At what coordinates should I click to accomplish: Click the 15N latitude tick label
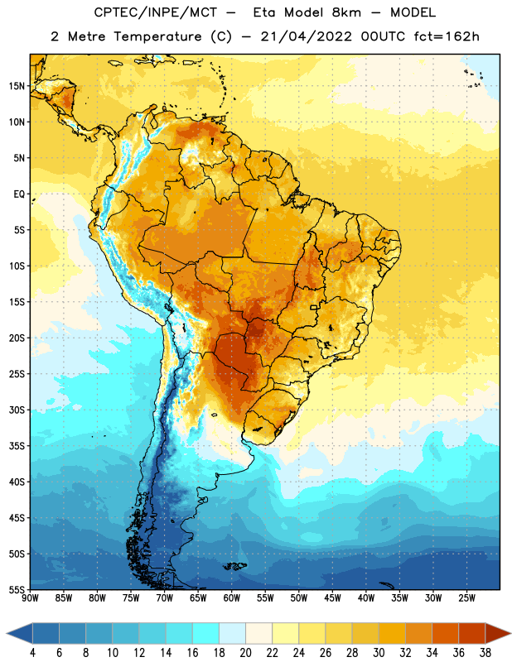click(x=17, y=86)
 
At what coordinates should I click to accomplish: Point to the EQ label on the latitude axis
click(x=19, y=194)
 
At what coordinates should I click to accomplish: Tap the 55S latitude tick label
click(x=17, y=589)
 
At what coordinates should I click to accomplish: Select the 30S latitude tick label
click(x=17, y=410)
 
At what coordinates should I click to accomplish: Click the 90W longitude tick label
click(x=30, y=598)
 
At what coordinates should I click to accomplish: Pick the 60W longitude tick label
click(x=232, y=598)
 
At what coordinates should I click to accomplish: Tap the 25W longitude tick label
click(x=466, y=598)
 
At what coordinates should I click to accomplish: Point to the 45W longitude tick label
click(x=332, y=598)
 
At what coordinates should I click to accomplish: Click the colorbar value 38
click(x=485, y=652)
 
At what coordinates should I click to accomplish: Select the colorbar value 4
click(x=32, y=652)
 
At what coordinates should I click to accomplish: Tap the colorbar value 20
click(x=245, y=652)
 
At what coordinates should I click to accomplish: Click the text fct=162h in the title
click(x=447, y=36)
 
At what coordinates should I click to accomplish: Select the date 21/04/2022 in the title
click(x=306, y=36)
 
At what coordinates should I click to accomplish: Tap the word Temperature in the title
click(x=157, y=36)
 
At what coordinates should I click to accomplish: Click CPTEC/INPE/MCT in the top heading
click(x=155, y=12)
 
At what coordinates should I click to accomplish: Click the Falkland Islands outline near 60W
click(x=235, y=566)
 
